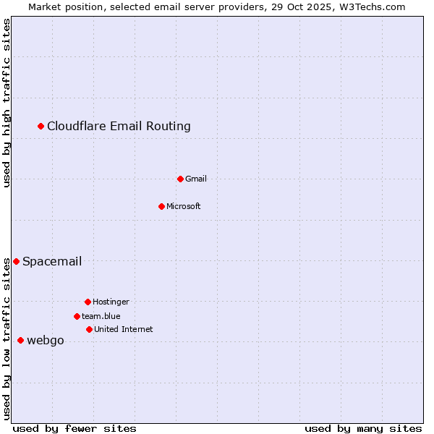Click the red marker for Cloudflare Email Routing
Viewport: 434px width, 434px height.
point(41,127)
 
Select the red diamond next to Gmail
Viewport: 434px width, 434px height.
point(180,179)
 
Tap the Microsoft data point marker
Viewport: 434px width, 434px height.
point(161,206)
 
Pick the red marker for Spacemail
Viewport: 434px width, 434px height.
point(16,261)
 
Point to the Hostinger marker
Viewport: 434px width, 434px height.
point(88,302)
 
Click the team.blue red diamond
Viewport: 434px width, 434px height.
point(77,316)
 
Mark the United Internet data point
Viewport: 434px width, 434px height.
point(89,329)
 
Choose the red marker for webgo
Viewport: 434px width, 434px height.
point(20,340)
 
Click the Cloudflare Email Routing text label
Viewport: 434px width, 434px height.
point(119,127)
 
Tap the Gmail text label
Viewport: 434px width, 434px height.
point(196,179)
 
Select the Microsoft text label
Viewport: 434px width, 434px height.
point(184,206)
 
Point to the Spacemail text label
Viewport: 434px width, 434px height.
point(52,261)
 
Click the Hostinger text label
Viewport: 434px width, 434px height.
point(111,302)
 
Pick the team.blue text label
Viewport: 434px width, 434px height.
point(101,316)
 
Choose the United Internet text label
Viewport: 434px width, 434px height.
point(124,329)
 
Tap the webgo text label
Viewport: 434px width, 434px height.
point(46,341)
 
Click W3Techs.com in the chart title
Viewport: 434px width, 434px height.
point(369,7)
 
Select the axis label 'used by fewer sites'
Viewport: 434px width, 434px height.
point(75,428)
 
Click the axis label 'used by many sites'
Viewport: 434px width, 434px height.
point(363,428)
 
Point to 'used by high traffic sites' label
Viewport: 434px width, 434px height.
point(7,103)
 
